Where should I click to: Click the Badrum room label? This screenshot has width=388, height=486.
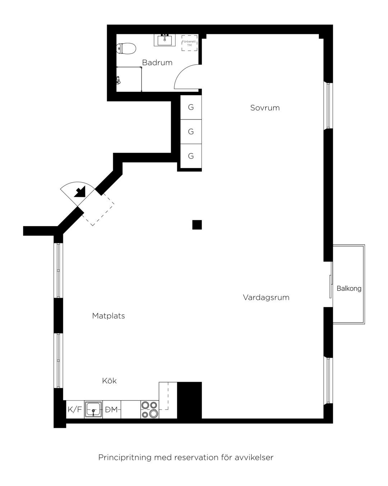(x=157, y=63)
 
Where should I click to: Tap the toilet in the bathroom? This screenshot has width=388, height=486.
(x=126, y=48)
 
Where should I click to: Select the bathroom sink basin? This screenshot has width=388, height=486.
(x=165, y=40)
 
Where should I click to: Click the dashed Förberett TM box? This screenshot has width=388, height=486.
(x=189, y=43)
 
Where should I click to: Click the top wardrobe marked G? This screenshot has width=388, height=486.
(x=191, y=107)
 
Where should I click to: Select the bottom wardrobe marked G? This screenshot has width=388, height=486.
(x=191, y=156)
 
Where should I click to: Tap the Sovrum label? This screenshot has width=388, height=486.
(x=265, y=108)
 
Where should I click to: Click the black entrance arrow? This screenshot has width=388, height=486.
(x=80, y=192)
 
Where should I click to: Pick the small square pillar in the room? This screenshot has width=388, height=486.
(x=197, y=225)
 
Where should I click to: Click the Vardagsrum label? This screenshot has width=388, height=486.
(x=266, y=297)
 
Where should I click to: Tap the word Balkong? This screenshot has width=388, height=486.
(x=349, y=288)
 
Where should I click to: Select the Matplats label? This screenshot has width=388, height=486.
(x=108, y=316)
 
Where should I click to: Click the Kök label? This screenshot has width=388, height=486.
(x=109, y=381)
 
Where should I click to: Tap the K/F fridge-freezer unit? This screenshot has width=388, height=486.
(x=75, y=409)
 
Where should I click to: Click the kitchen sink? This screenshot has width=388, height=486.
(x=93, y=409)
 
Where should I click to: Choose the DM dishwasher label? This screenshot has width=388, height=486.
(x=112, y=409)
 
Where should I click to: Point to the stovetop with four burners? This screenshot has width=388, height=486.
(x=150, y=409)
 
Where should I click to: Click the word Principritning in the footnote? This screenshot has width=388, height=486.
(x=125, y=458)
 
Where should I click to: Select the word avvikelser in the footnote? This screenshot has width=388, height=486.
(x=254, y=458)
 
